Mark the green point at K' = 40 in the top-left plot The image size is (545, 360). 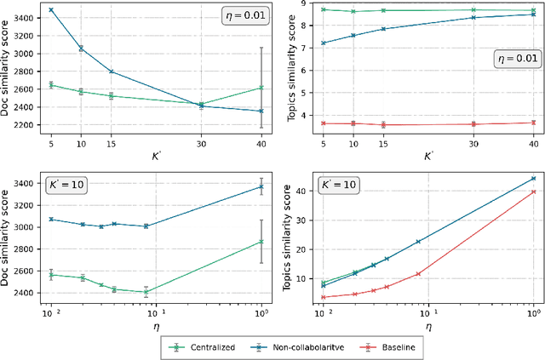[x=261, y=88]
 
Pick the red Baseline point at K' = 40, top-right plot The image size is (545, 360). [x=534, y=123]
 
